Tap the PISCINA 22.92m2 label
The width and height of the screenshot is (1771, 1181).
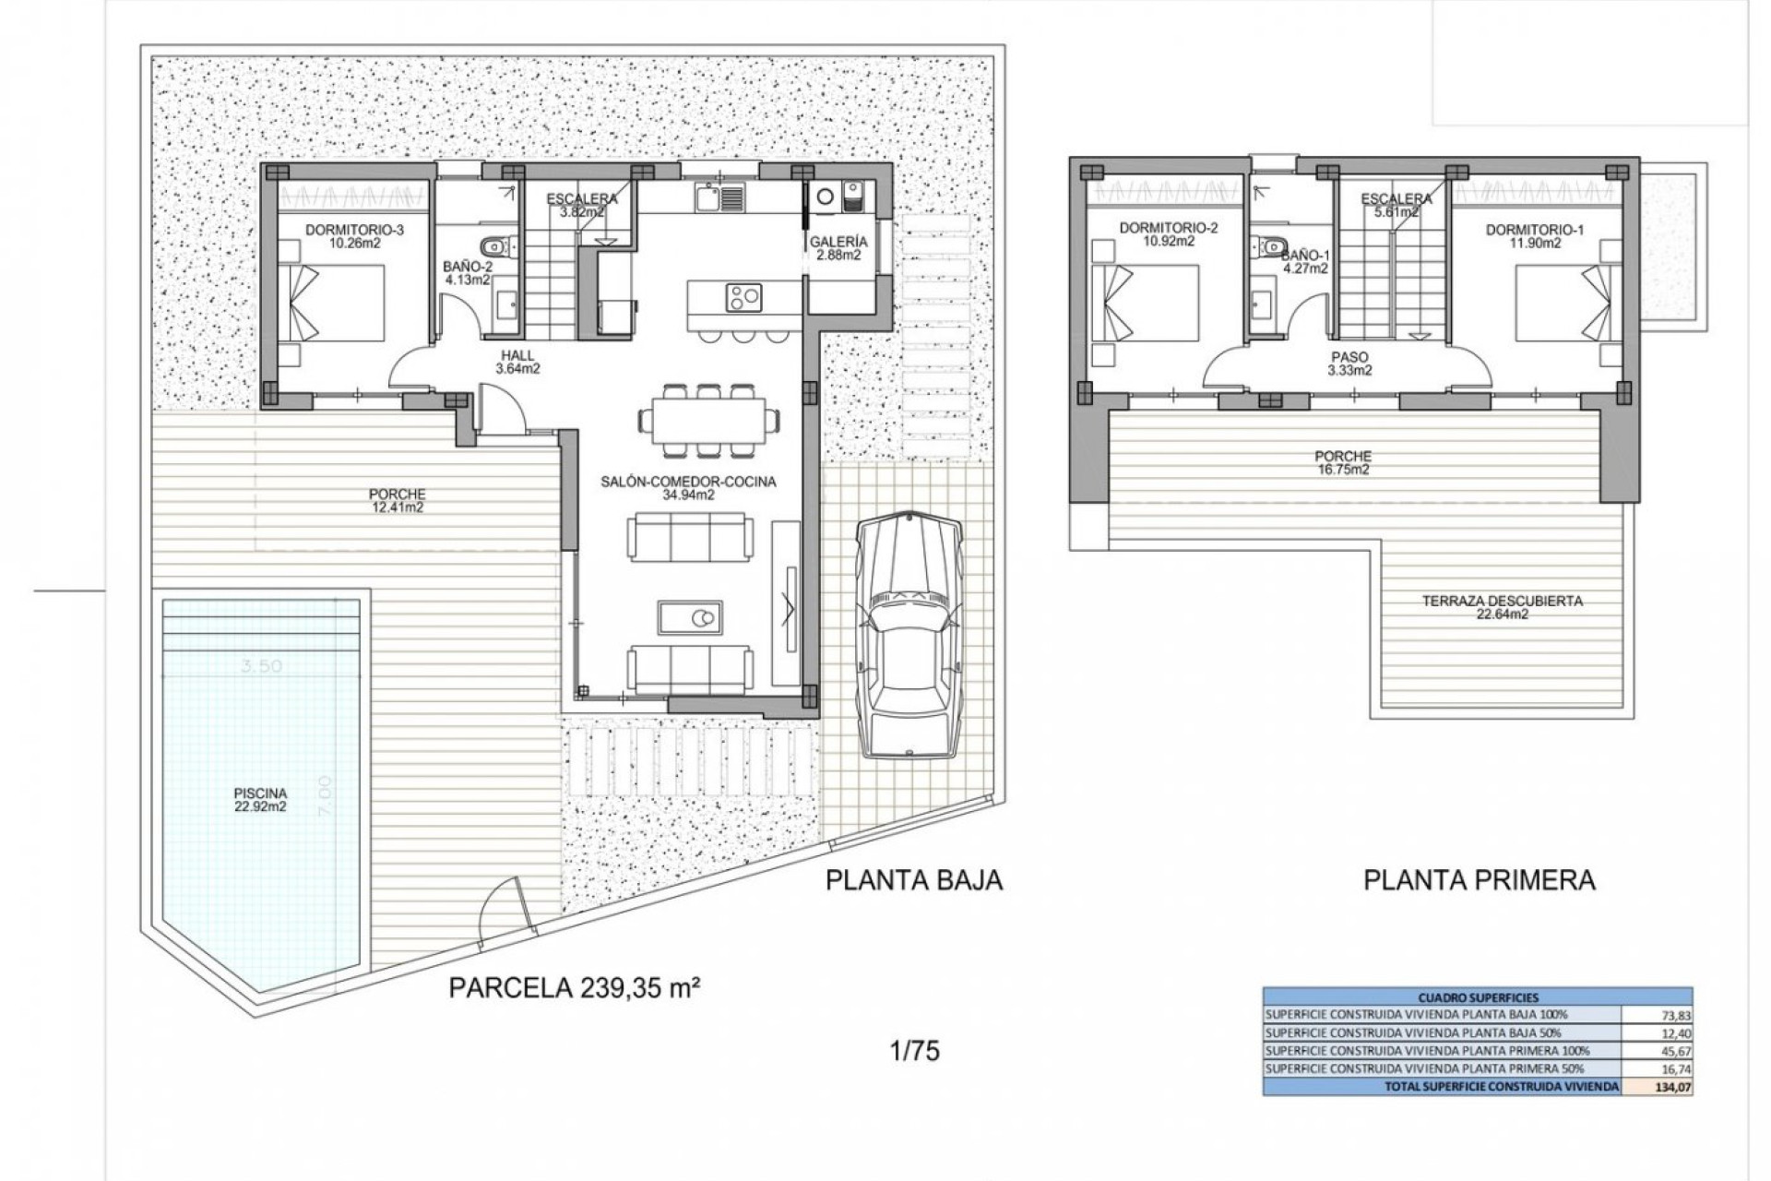pyautogui.click(x=260, y=799)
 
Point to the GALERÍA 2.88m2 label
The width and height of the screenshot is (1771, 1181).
pyautogui.click(x=838, y=248)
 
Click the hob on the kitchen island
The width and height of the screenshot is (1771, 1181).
pyautogui.click(x=743, y=296)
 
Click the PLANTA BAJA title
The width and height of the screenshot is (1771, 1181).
pyautogui.click(x=913, y=879)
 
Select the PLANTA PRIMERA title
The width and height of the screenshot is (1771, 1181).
pyautogui.click(x=1479, y=879)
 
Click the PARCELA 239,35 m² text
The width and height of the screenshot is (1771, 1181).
pyautogui.click(x=573, y=988)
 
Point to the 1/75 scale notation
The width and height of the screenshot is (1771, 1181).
pyautogui.click(x=916, y=1051)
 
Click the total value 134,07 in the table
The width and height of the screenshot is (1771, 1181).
pyautogui.click(x=1674, y=1087)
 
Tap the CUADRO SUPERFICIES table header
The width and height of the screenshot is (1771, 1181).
pyautogui.click(x=1477, y=996)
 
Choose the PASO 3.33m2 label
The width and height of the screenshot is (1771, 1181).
pyautogui.click(x=1349, y=364)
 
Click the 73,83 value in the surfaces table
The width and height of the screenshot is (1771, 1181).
pyautogui.click(x=1674, y=1014)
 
